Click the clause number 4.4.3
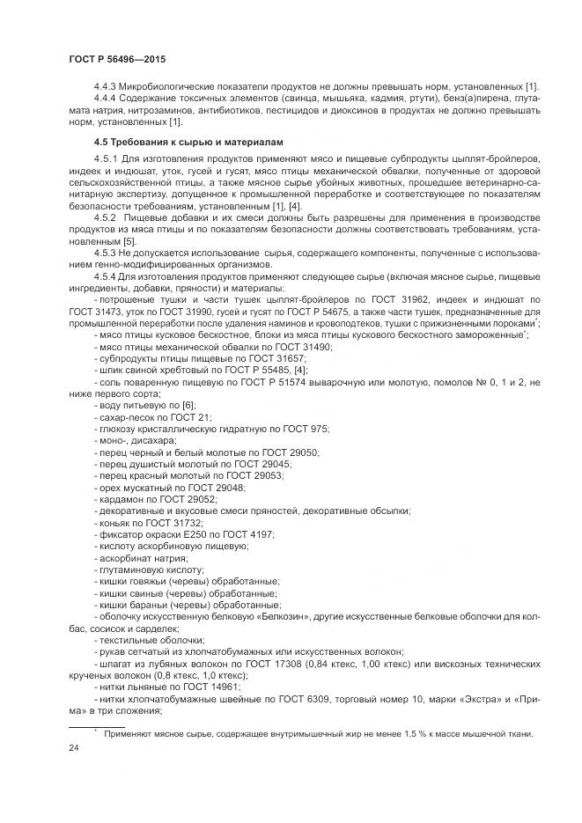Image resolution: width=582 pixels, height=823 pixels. (105, 85)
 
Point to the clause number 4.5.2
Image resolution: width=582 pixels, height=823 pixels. (106, 216)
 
